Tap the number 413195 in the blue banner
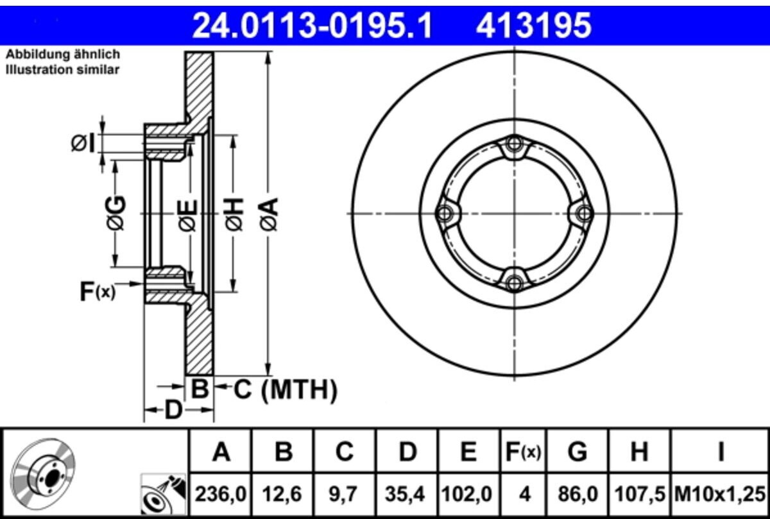tap(533, 26)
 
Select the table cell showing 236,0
tap(221, 495)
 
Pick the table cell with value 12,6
tap(282, 495)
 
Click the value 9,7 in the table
tap(345, 495)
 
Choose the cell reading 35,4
tap(407, 495)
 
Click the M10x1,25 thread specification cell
tap(720, 495)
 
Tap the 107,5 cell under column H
tap(639, 495)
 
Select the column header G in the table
tap(577, 452)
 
